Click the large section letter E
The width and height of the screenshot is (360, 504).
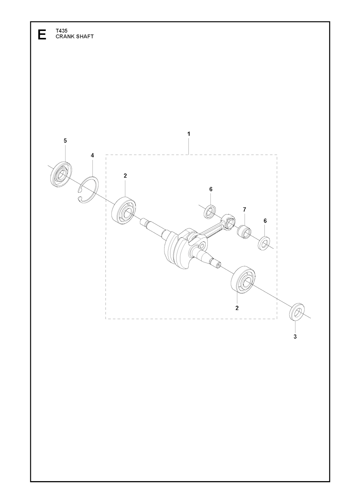click(x=42, y=35)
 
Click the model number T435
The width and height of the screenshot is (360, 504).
click(x=60, y=31)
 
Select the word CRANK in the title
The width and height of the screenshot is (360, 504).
click(x=64, y=37)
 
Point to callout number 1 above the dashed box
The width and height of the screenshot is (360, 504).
click(x=188, y=134)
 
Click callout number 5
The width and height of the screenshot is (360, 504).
click(x=65, y=141)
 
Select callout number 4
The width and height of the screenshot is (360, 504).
click(x=92, y=155)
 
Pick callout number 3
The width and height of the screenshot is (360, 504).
click(x=295, y=343)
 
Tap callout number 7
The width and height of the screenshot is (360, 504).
click(x=244, y=209)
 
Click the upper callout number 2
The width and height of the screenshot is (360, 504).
click(x=125, y=176)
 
